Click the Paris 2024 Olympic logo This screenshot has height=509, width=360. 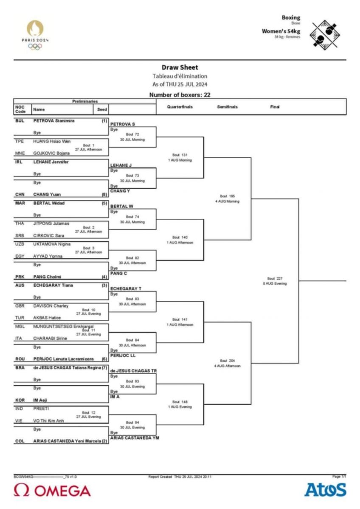point(35,35)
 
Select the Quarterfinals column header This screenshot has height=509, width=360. point(180,107)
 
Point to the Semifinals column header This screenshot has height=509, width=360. point(227,107)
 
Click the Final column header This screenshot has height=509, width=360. point(275,107)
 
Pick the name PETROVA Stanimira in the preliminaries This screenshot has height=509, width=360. point(54,120)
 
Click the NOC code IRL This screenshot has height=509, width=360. point(19,162)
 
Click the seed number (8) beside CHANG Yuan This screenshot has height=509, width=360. point(104,194)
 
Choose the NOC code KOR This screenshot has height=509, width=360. point(20,400)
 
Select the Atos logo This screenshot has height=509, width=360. point(325,489)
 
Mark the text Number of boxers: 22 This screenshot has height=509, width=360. point(180,95)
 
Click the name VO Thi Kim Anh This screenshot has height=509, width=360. point(48,420)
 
